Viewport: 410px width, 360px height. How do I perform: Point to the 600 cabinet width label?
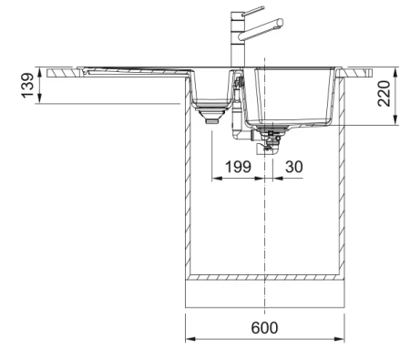[x=264, y=327]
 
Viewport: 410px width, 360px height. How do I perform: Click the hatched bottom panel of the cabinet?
[x=264, y=276]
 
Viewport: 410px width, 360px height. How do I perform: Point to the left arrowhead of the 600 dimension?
[x=189, y=339]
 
